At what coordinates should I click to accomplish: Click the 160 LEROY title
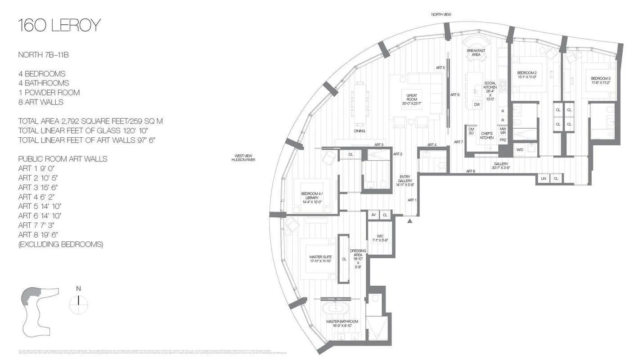[x=59, y=26]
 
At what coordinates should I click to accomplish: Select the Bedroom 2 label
[x=526, y=75]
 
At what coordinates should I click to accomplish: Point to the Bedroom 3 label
[x=600, y=80]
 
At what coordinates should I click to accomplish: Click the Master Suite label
[x=320, y=259]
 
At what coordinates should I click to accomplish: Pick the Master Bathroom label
[x=342, y=323]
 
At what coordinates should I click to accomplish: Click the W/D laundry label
[x=520, y=149]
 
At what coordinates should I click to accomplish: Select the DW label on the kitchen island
[x=477, y=104]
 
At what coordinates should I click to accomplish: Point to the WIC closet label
[x=380, y=238]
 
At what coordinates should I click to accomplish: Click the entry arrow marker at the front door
[x=409, y=220]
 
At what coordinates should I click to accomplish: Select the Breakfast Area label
[x=476, y=53]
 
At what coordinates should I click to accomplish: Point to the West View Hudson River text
[x=243, y=157]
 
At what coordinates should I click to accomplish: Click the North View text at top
[x=441, y=14]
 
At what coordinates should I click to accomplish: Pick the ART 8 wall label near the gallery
[x=470, y=171]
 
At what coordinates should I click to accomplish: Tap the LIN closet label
[x=544, y=179]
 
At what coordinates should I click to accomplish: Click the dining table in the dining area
[x=360, y=103]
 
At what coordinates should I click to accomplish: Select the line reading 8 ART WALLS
[x=40, y=102]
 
